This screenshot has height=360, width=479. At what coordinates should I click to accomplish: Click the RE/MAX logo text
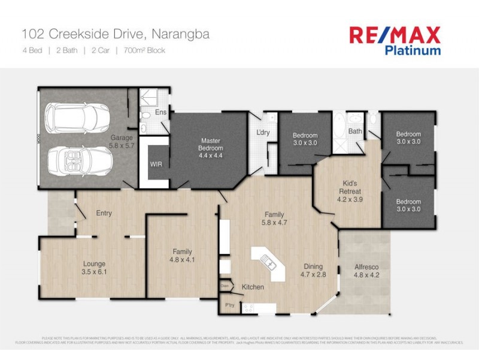(395, 35)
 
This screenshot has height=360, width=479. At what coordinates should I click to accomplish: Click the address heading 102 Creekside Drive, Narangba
(116, 34)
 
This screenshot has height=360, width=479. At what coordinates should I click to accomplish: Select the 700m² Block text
(144, 50)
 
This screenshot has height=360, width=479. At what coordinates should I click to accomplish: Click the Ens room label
(160, 112)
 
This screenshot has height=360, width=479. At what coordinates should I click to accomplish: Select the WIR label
(156, 163)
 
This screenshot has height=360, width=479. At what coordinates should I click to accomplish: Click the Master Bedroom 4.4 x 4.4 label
(211, 148)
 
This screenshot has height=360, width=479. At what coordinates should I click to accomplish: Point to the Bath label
(355, 131)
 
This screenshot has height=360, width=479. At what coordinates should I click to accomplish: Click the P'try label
(229, 305)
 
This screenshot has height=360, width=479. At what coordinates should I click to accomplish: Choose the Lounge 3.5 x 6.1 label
(95, 268)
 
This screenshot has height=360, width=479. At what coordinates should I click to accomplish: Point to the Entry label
(104, 213)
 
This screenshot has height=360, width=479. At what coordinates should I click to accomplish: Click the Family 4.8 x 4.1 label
(182, 256)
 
